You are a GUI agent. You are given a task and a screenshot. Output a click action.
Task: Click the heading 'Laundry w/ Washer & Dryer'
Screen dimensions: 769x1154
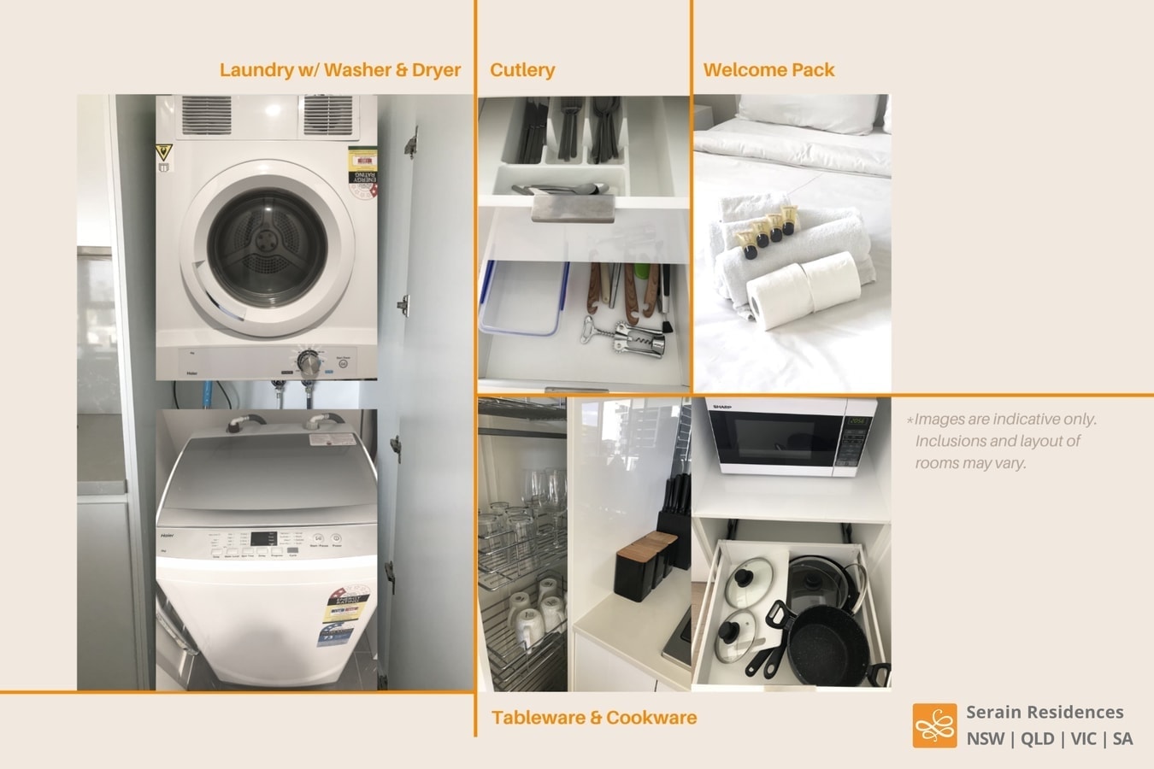tap(340, 70)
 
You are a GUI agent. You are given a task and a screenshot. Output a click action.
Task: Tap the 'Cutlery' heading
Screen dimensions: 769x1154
tap(522, 70)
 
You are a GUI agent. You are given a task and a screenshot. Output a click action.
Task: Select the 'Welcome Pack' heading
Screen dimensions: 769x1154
tap(768, 70)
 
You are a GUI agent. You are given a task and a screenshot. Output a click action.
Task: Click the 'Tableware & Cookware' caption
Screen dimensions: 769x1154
tap(594, 718)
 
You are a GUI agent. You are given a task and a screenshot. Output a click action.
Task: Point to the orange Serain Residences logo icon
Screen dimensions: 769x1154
tap(934, 725)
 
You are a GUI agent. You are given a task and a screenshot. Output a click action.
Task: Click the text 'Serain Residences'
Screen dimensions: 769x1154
tap(1045, 712)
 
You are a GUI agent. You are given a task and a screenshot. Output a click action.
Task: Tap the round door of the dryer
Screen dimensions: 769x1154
tap(267, 248)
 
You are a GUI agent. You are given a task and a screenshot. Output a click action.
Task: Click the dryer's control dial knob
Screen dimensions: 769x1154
tap(309, 363)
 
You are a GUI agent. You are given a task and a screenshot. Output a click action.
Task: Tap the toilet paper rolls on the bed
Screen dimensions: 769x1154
tap(804, 288)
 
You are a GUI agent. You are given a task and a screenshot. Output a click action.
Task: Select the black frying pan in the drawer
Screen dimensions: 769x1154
tap(825, 648)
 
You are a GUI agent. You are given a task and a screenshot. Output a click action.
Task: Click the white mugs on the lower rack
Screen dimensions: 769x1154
tap(537, 610)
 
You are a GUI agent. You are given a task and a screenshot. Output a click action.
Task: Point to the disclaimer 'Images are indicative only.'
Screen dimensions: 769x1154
tap(1005, 420)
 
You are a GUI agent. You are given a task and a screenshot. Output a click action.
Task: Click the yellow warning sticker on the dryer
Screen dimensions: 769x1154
tap(163, 155)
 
